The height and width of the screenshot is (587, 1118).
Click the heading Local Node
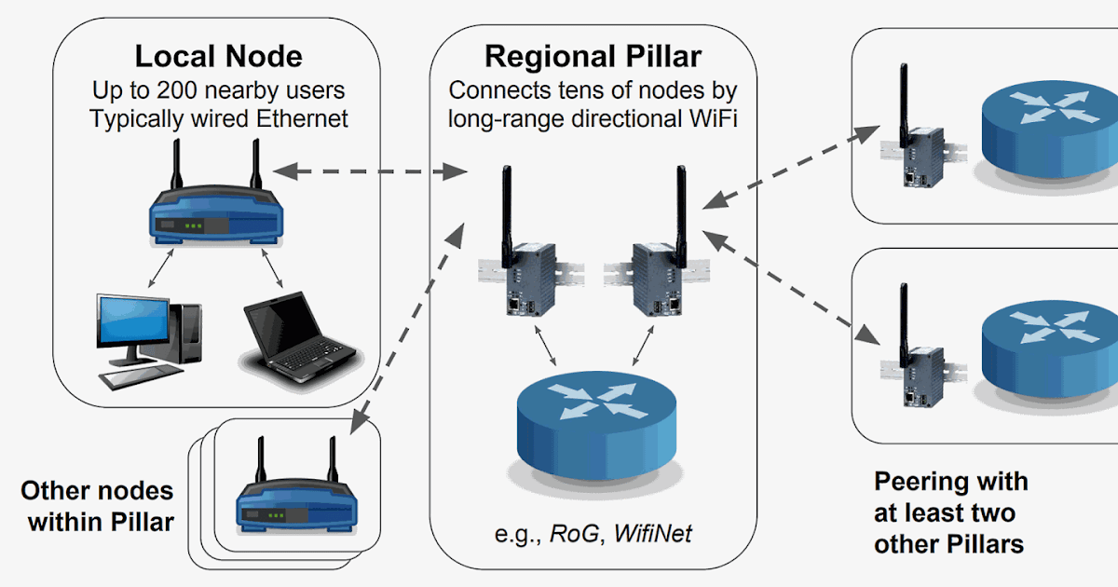click(218, 56)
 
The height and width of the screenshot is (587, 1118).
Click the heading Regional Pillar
click(593, 56)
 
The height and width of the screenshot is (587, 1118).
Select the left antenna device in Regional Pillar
click(518, 270)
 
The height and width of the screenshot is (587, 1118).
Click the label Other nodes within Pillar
click(98, 506)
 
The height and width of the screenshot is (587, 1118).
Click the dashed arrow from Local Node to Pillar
click(370, 171)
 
